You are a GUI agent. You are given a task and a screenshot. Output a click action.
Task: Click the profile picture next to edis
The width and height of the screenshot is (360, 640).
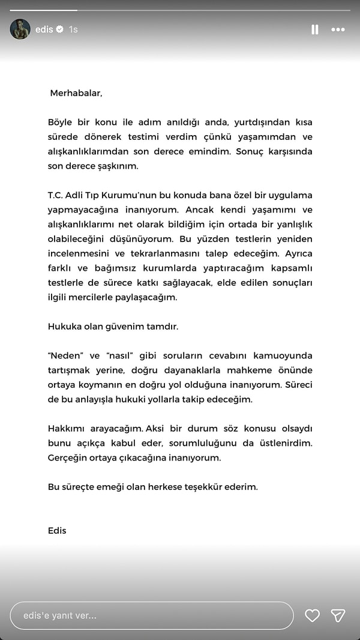[20, 29]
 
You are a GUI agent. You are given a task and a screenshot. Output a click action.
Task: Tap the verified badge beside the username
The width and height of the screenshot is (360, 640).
[60, 29]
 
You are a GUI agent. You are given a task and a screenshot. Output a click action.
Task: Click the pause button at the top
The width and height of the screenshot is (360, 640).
[315, 29]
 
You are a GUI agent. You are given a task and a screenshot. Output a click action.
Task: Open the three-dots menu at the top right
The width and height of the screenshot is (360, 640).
[338, 29]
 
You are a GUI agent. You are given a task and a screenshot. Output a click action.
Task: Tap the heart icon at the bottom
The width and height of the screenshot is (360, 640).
[312, 615]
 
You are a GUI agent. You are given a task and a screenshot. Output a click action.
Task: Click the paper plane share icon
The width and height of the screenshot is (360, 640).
[338, 615]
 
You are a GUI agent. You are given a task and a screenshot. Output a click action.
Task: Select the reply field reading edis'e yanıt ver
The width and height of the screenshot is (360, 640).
[150, 615]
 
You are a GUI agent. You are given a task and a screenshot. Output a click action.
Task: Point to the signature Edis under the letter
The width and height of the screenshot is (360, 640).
[57, 531]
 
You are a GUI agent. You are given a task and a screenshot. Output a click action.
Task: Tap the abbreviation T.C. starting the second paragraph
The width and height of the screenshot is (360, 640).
[57, 195]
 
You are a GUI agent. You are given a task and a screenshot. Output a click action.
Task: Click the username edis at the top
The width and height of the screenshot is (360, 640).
[44, 29]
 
